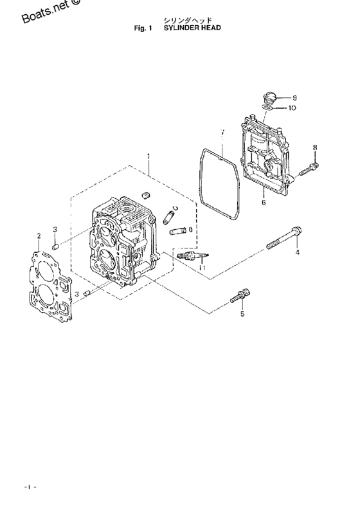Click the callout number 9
(x=294, y=97)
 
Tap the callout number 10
(x=292, y=107)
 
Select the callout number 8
(x=315, y=148)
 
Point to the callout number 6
(x=264, y=203)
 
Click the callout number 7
(x=222, y=133)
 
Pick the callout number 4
(x=298, y=252)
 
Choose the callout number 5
(x=242, y=314)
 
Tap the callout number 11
(x=202, y=268)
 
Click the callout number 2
(x=39, y=236)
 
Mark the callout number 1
(x=148, y=156)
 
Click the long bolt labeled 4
(x=284, y=238)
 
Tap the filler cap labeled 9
(x=269, y=97)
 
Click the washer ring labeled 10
(x=267, y=107)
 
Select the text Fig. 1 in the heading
(x=143, y=28)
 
